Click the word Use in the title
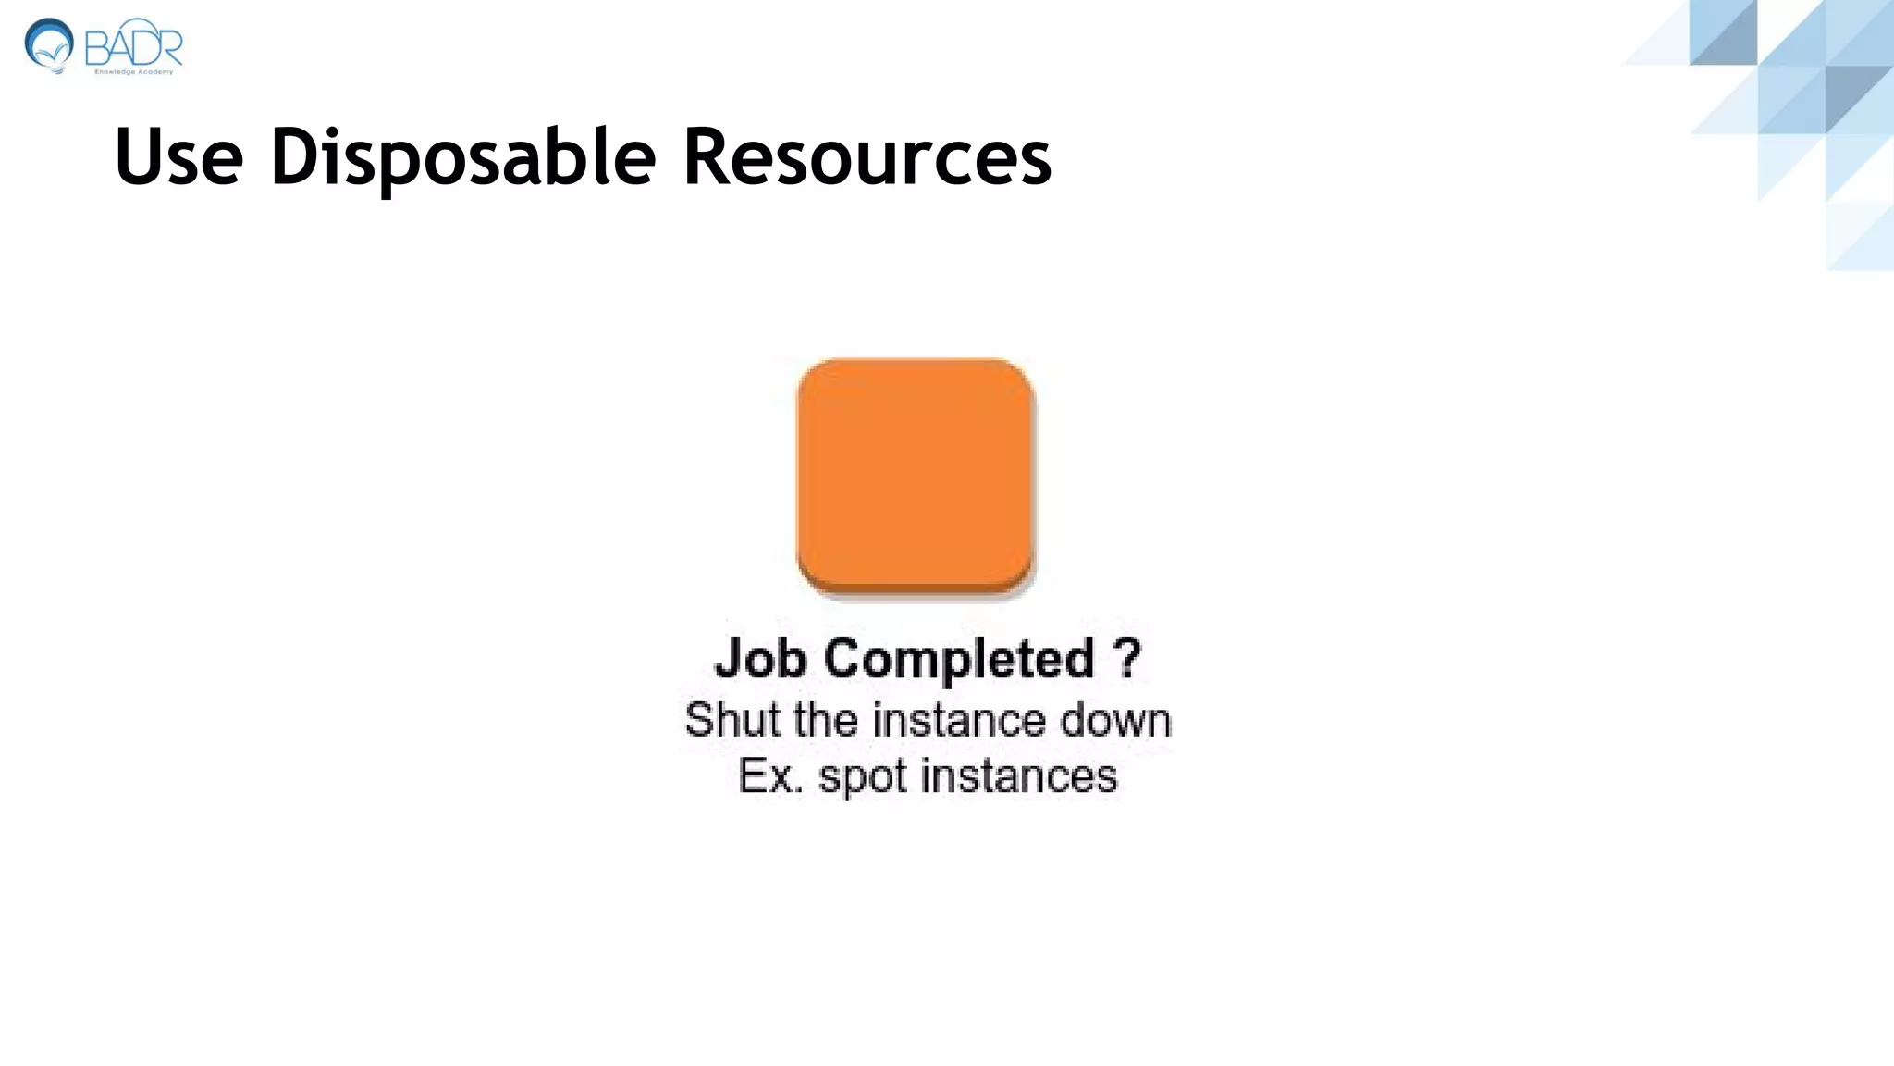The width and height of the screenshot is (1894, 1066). (x=178, y=156)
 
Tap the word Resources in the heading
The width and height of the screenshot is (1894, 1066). (x=867, y=156)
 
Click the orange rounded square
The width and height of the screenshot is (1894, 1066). (x=915, y=475)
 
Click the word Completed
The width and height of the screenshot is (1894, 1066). (x=959, y=659)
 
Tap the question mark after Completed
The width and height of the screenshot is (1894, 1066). (x=1126, y=659)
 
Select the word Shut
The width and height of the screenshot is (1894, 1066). (x=724, y=720)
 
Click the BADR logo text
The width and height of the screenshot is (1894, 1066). (x=133, y=45)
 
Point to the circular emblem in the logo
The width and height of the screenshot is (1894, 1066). (x=49, y=44)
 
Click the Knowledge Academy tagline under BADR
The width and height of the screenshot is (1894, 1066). (x=134, y=71)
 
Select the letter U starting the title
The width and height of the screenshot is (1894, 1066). (x=136, y=156)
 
